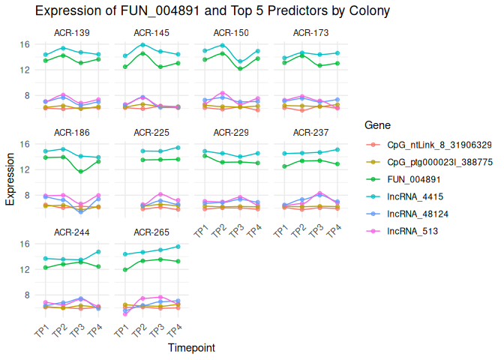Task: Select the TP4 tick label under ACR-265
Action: click(175, 331)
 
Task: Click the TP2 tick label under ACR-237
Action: click(300, 231)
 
